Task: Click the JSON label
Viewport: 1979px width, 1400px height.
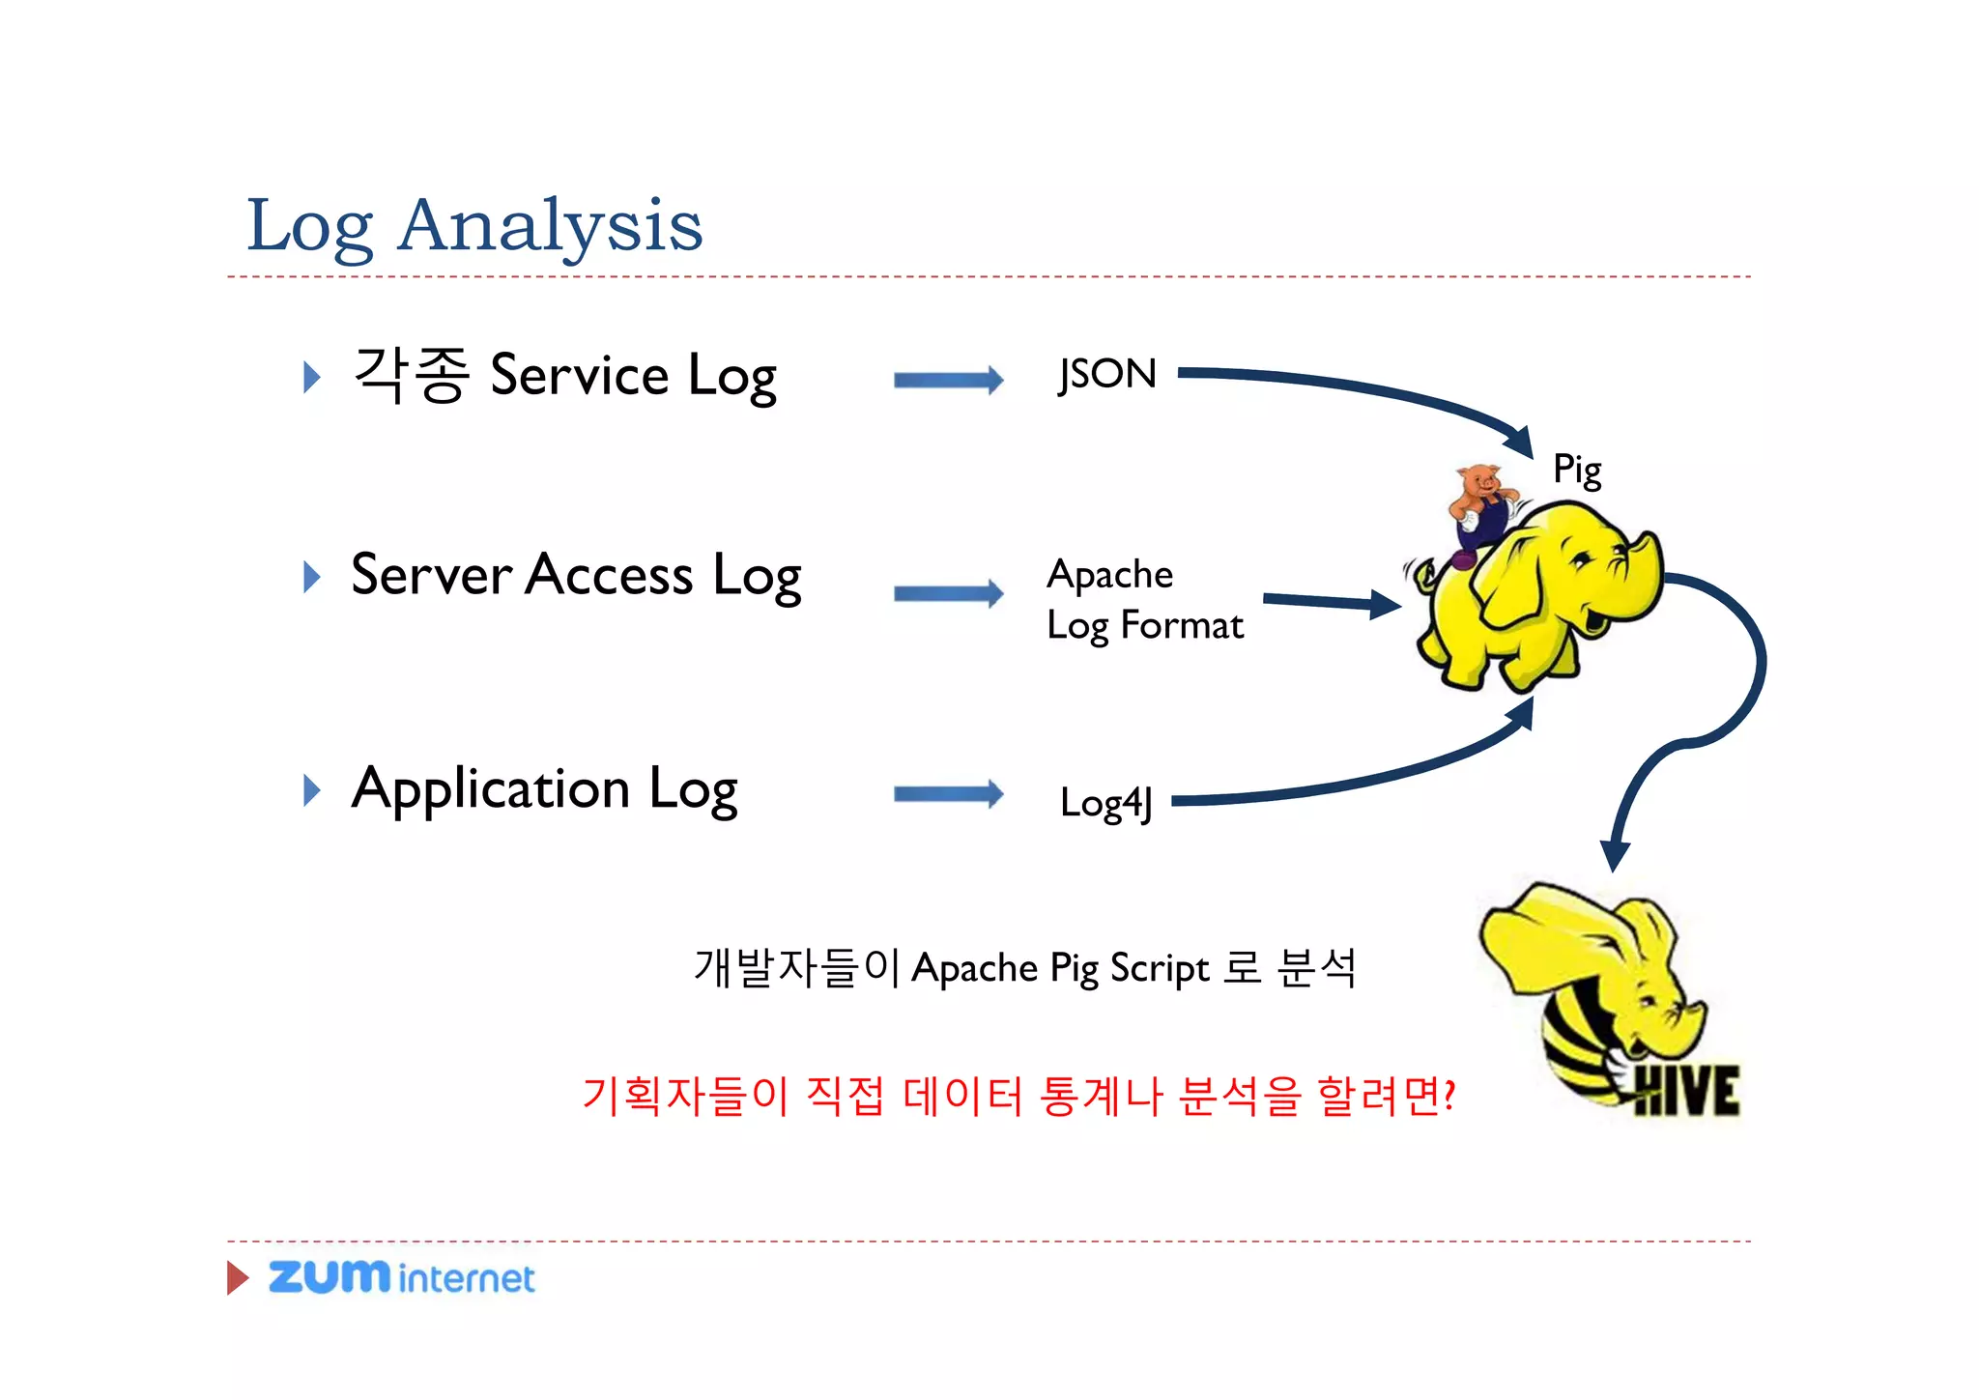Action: [x=1107, y=374]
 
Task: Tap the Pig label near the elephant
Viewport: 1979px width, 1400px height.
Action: [x=1577, y=470]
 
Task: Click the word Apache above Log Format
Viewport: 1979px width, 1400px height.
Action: [x=1110, y=575]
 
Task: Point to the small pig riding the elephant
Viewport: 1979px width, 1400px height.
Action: [x=1479, y=507]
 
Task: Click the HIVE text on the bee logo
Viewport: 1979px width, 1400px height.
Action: [x=1686, y=1092]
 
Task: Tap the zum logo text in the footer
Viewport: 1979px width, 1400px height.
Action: [x=329, y=1276]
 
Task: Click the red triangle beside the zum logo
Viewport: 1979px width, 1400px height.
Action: [x=237, y=1277]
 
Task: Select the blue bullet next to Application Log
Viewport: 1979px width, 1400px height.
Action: [x=311, y=790]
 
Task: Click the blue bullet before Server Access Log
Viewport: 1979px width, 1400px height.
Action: [x=311, y=577]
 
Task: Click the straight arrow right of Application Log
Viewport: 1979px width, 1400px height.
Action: [x=948, y=795]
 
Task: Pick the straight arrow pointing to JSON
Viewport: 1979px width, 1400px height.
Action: [x=948, y=380]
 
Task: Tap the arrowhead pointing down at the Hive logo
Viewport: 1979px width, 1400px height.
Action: [x=1615, y=855]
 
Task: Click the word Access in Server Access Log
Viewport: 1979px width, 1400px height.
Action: [x=610, y=576]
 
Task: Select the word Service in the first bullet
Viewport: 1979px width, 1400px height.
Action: [x=579, y=376]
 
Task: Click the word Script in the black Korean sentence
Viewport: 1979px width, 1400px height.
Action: [x=1159, y=968]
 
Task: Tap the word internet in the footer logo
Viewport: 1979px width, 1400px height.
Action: [x=466, y=1279]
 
